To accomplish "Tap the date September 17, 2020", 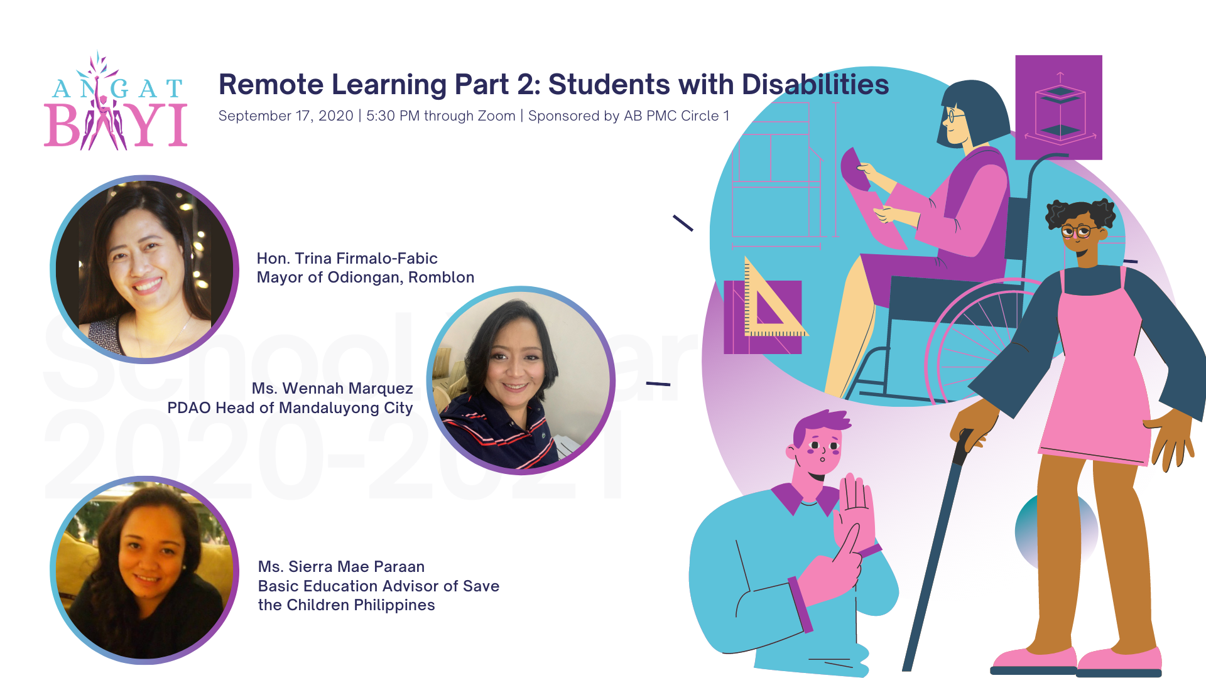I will [286, 116].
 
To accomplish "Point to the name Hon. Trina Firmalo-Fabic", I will [347, 259].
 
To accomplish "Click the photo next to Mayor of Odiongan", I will [144, 269].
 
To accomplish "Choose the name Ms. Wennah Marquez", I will [332, 389].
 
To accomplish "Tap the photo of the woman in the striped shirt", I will [521, 380].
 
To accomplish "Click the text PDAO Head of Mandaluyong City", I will [290, 408].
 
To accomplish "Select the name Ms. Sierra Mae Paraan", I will [341, 567].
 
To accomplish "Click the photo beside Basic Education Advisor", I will [144, 570].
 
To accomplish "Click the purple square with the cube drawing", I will [1058, 107].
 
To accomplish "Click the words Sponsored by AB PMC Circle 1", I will [628, 116].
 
